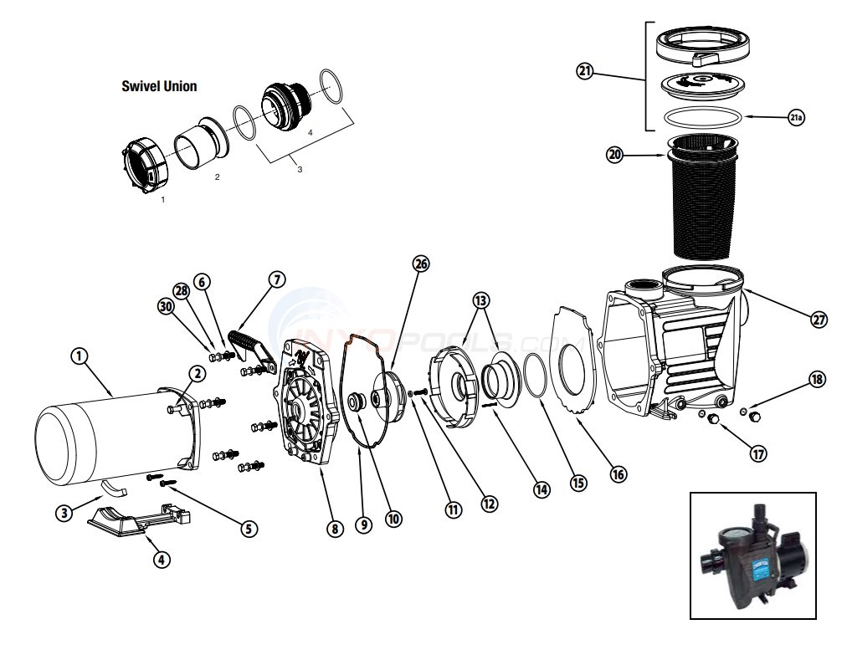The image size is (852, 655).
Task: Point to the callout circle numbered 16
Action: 618,474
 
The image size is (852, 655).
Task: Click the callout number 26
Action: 420,264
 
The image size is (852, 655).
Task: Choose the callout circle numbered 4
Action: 162,560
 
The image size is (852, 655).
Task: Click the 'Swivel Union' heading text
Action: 160,86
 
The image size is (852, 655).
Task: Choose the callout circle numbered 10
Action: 393,519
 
